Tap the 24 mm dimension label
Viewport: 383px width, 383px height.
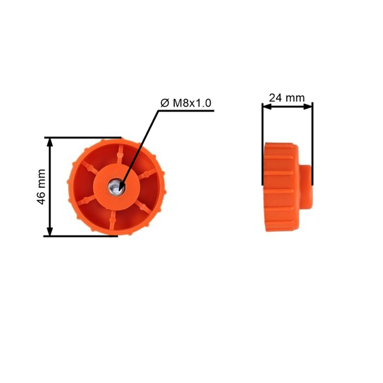[x=287, y=98]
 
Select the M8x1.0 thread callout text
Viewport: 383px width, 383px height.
[x=193, y=103]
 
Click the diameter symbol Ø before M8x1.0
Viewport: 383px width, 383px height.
[x=164, y=103]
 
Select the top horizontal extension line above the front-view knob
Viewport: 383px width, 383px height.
[x=83, y=137]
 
